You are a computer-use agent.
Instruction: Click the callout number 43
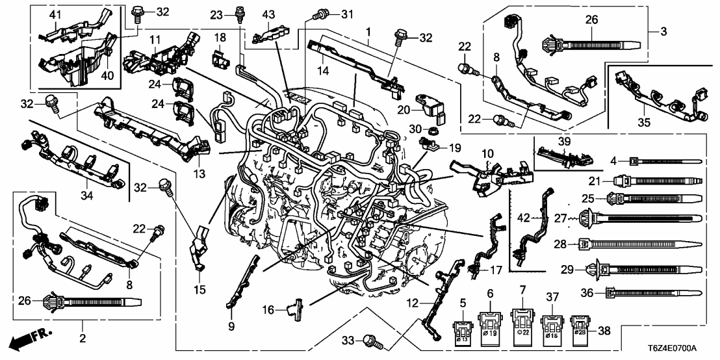coord(268,15)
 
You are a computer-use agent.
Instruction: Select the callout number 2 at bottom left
coord(83,338)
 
